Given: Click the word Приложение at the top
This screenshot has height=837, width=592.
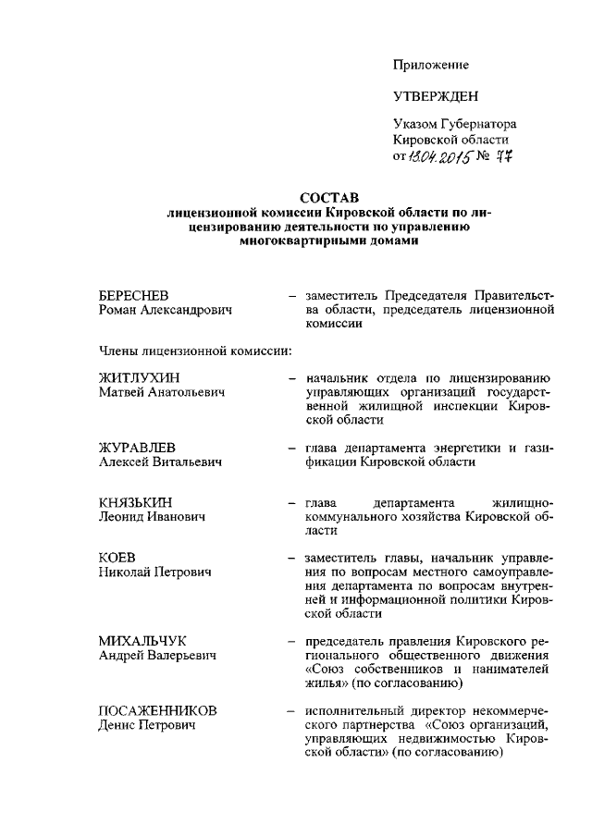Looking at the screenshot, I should click(x=431, y=65).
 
